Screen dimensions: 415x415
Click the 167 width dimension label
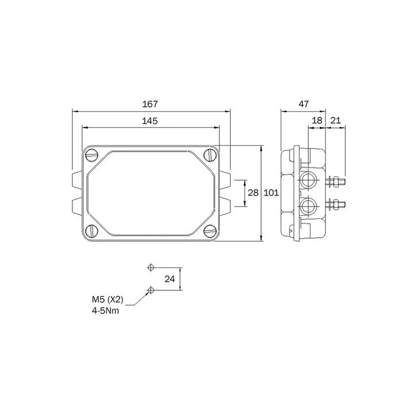click(150, 104)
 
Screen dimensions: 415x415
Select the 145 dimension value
click(150, 121)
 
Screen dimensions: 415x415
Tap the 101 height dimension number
click(271, 193)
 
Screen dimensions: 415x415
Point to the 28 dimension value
click(253, 193)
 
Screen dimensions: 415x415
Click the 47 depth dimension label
click(303, 104)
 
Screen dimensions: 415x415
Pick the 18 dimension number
click(316, 121)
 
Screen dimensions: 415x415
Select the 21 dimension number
click(335, 121)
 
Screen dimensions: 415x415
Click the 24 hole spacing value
click(169, 279)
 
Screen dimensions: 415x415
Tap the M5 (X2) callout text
click(104, 300)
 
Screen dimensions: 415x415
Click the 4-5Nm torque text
click(105, 310)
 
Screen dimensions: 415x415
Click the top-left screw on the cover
click(93, 156)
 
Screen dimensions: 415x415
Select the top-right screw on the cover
click(210, 156)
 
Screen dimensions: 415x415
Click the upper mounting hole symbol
click(150, 267)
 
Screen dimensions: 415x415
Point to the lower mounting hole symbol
click(150, 290)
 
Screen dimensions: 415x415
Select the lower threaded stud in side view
click(337, 204)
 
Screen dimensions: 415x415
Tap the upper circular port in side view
click(308, 179)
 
